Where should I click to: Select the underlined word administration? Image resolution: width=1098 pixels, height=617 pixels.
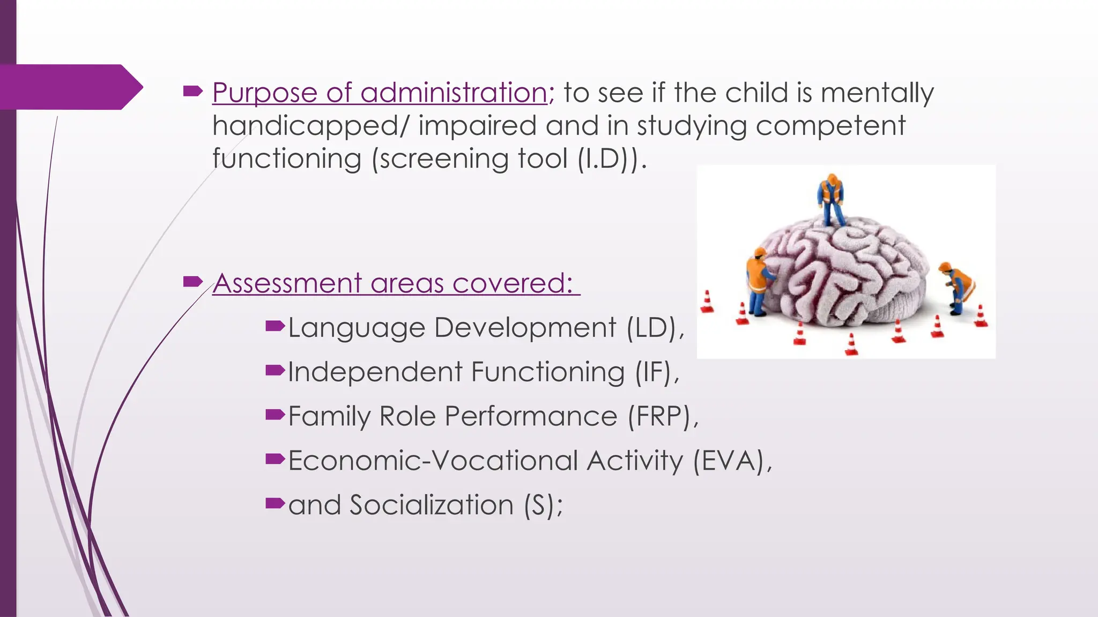click(454, 92)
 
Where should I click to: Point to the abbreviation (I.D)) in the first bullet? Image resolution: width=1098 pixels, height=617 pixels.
click(608, 159)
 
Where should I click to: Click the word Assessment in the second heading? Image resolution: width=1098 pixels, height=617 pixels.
click(287, 283)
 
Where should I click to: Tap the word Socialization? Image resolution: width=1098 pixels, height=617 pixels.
click(432, 505)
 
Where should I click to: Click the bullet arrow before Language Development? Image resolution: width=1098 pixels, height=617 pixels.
click(274, 325)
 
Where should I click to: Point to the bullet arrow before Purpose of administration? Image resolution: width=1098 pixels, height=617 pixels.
click(192, 92)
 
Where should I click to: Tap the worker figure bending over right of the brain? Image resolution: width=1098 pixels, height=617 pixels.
click(958, 287)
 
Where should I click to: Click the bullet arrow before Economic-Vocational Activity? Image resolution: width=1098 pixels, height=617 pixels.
click(274, 458)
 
